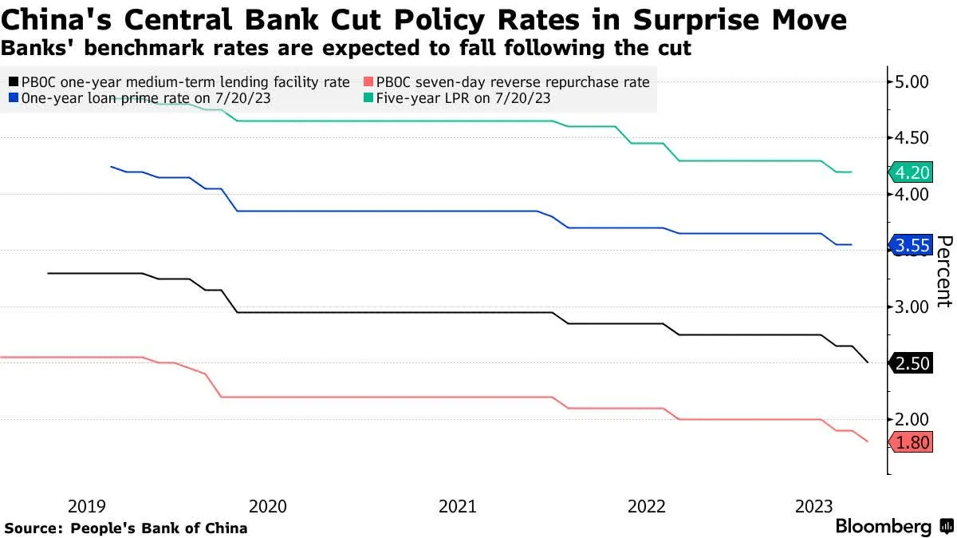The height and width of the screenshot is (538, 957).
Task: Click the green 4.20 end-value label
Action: (912, 172)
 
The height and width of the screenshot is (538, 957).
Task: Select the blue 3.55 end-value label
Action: (912, 246)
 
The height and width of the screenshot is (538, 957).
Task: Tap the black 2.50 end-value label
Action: (912, 363)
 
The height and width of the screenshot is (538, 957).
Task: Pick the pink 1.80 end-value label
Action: (912, 442)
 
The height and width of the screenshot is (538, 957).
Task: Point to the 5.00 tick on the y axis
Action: (913, 81)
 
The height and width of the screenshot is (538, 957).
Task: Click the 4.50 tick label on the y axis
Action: (913, 138)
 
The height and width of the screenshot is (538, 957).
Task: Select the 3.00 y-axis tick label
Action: (913, 307)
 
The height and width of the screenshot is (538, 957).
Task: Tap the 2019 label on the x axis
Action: (87, 506)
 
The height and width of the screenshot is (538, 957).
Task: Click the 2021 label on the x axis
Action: (458, 506)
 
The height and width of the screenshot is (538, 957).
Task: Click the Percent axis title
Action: (943, 271)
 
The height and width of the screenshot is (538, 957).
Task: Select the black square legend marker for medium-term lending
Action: (13, 82)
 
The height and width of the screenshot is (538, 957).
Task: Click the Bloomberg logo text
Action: (883, 527)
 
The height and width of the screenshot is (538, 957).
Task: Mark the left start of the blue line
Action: (111, 167)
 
